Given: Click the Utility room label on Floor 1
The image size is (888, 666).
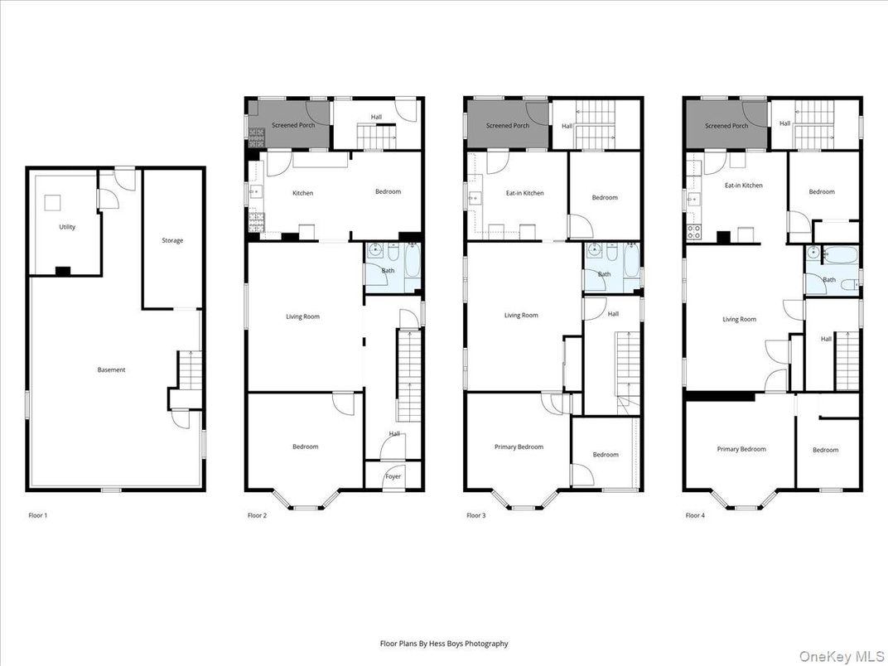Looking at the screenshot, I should [67, 227].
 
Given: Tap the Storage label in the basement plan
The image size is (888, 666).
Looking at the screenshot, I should [172, 240].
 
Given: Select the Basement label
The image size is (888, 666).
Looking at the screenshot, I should [111, 370].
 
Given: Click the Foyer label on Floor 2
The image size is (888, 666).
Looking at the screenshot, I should [393, 476].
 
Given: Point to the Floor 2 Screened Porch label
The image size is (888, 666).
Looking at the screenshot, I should [293, 126].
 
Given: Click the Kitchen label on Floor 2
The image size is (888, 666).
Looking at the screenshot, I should [302, 193].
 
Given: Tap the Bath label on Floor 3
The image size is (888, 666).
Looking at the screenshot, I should [604, 274].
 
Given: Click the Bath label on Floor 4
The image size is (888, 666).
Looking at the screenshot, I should [829, 280].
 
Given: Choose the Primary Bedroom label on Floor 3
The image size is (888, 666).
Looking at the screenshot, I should [519, 447].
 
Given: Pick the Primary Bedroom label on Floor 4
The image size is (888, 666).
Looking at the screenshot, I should [741, 449].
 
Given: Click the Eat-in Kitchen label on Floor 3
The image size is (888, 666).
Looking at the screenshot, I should [524, 193].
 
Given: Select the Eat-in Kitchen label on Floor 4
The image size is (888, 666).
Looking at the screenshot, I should [743, 186].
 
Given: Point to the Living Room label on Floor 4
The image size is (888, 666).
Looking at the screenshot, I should [739, 319].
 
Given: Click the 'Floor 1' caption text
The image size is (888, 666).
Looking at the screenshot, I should [38, 515].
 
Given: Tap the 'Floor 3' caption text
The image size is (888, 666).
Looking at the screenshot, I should [475, 515].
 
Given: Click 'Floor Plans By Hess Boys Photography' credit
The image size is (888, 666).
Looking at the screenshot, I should [444, 644].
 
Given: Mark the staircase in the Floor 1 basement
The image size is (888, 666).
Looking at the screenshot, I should [191, 370].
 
